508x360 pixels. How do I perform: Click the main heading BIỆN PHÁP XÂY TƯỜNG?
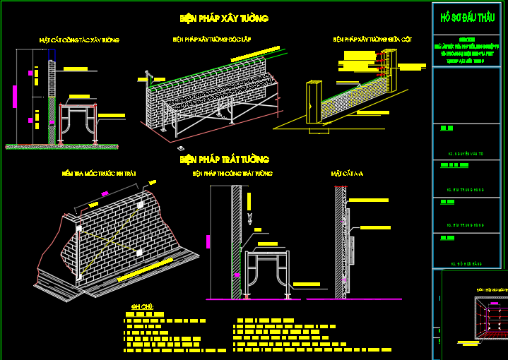pyautogui.click(x=224, y=18)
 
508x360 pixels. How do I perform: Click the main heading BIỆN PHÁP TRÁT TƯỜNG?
pyautogui.click(x=224, y=160)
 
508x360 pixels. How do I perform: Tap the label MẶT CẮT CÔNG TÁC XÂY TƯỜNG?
pyautogui.click(x=79, y=40)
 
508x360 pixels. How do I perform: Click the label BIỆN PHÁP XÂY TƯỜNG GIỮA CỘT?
pyautogui.click(x=372, y=40)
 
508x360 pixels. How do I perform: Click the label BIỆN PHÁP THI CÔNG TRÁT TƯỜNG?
pyautogui.click(x=232, y=173)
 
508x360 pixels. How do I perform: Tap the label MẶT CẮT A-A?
pyautogui.click(x=347, y=173)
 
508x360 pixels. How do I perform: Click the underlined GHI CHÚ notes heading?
pyautogui.click(x=142, y=307)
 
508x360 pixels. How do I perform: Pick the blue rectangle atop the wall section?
pyautogui.click(x=52, y=54)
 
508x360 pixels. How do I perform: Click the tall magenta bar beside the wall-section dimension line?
pyautogui.click(x=13, y=96)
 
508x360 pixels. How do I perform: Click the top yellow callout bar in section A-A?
pyautogui.click(x=370, y=200)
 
